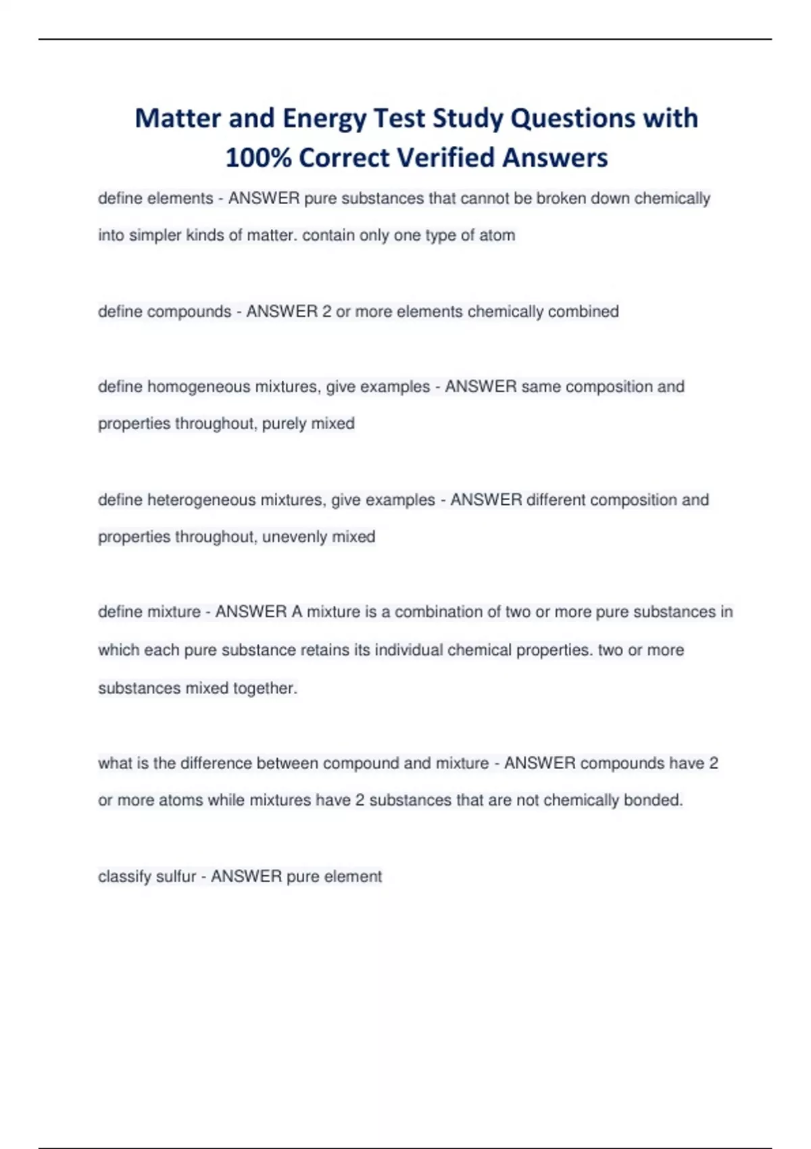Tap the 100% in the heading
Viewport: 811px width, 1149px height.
pos(257,158)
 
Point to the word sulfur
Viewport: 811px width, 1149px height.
pos(176,877)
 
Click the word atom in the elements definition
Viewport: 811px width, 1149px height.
pos(497,235)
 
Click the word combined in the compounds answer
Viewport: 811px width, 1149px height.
pos(583,312)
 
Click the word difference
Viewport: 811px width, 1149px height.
pos(206,764)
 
